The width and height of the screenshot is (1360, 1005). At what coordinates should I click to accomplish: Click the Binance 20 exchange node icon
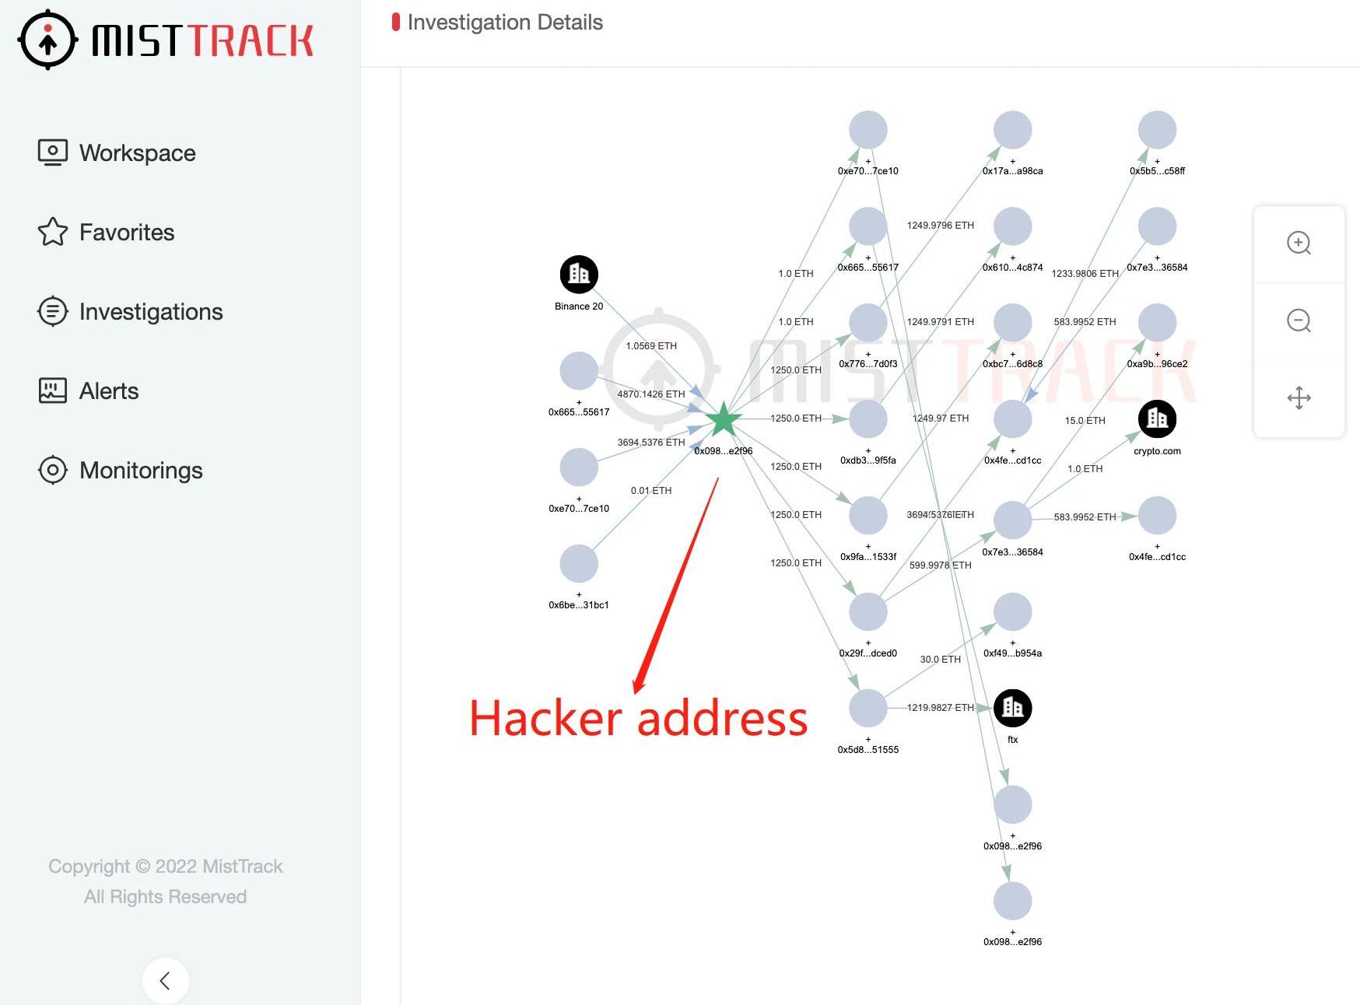[x=579, y=274]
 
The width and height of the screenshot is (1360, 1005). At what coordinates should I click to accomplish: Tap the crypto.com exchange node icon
[x=1157, y=418]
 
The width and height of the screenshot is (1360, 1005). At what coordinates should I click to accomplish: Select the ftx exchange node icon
[x=1012, y=708]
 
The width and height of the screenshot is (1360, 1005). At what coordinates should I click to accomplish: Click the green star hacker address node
[x=723, y=419]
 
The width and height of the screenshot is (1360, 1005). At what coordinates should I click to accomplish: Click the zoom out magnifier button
[x=1299, y=320]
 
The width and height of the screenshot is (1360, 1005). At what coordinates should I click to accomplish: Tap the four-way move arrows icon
[x=1299, y=397]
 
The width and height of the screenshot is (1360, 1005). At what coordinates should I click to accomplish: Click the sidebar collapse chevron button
[x=165, y=980]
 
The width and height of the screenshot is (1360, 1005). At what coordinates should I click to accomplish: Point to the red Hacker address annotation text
[x=638, y=718]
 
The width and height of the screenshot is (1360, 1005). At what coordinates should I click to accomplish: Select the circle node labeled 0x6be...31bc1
[x=579, y=564]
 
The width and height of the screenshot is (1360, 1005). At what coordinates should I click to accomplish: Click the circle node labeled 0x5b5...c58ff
[x=1157, y=130]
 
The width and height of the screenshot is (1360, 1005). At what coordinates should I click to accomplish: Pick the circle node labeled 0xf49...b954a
[x=1012, y=612]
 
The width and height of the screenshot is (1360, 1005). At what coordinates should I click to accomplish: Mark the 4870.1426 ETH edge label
[x=651, y=394]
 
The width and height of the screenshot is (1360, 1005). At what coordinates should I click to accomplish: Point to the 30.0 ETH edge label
[x=940, y=660]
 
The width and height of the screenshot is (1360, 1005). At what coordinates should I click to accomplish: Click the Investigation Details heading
[x=505, y=23]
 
